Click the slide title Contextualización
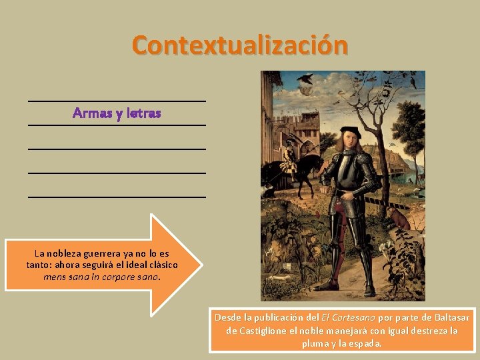pyautogui.click(x=239, y=45)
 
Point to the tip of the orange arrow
pyautogui.click(x=199, y=265)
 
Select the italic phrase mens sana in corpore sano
pyautogui.click(x=101, y=276)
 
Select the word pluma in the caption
pyautogui.click(x=315, y=344)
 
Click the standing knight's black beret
pyautogui.click(x=352, y=131)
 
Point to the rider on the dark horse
pyautogui.click(x=291, y=155)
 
